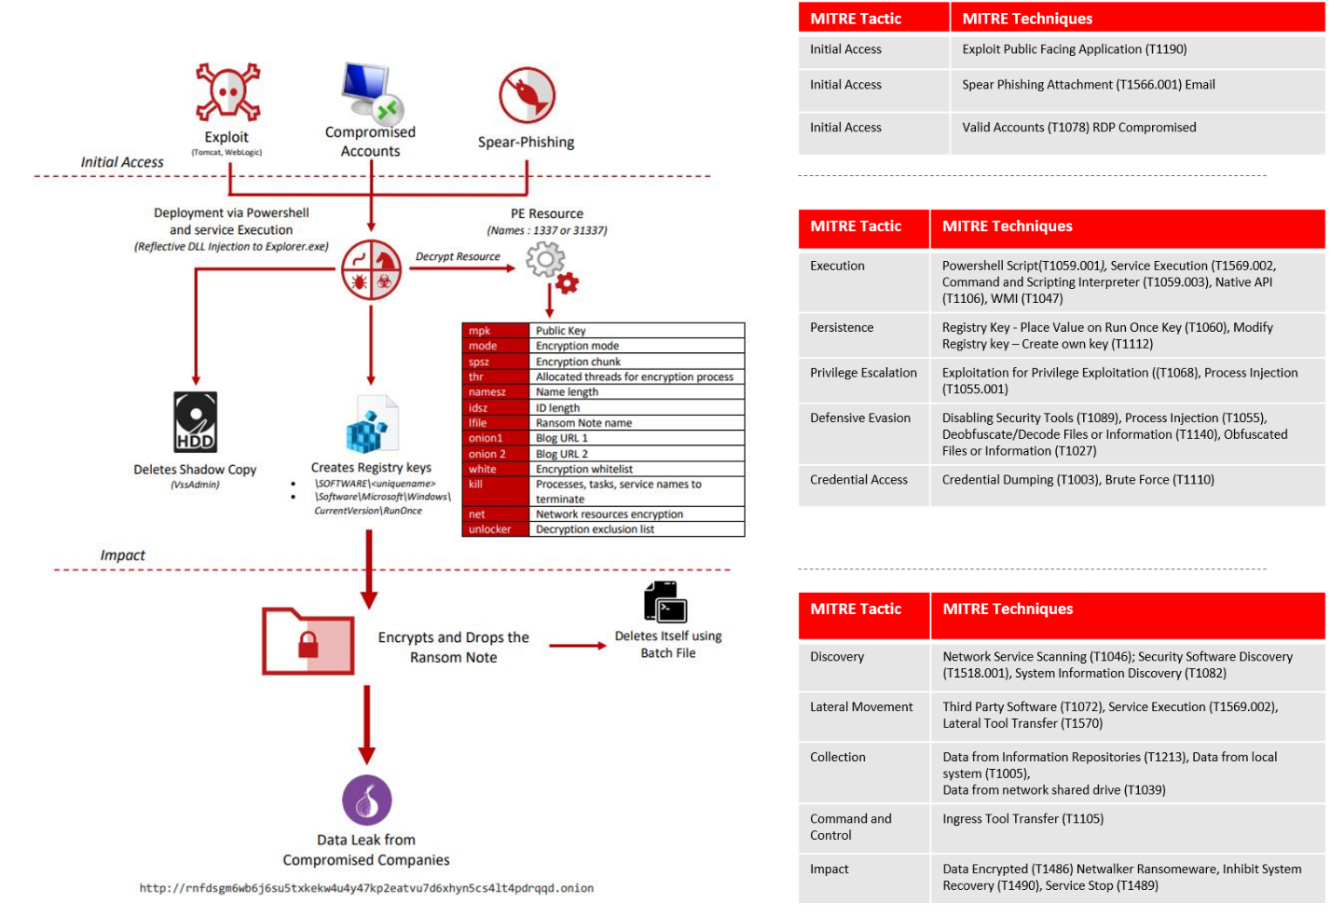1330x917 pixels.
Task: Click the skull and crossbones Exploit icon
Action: tap(227, 91)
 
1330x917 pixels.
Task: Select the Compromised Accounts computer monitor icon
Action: tap(370, 92)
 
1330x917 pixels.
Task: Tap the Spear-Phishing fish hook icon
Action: tap(527, 95)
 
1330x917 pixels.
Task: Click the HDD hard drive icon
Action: tap(196, 422)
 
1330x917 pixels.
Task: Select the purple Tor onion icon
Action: tap(367, 801)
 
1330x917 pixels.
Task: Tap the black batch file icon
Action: tap(665, 602)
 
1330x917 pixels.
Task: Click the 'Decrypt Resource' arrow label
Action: tap(458, 256)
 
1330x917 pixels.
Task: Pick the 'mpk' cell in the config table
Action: tap(495, 331)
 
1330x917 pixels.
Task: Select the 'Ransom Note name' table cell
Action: tap(637, 423)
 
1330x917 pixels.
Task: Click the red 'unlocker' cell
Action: tap(495, 529)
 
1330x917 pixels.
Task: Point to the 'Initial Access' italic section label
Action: tap(122, 162)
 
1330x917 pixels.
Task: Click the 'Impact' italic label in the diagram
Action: tap(123, 555)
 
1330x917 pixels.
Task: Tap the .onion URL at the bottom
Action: tap(366, 888)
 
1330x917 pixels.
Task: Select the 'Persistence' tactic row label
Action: tap(842, 328)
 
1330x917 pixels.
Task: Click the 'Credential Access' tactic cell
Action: tap(858, 480)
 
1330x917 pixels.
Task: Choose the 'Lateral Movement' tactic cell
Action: tap(861, 707)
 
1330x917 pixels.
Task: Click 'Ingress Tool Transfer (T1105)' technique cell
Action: tap(1022, 819)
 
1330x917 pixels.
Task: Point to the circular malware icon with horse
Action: tap(371, 270)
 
